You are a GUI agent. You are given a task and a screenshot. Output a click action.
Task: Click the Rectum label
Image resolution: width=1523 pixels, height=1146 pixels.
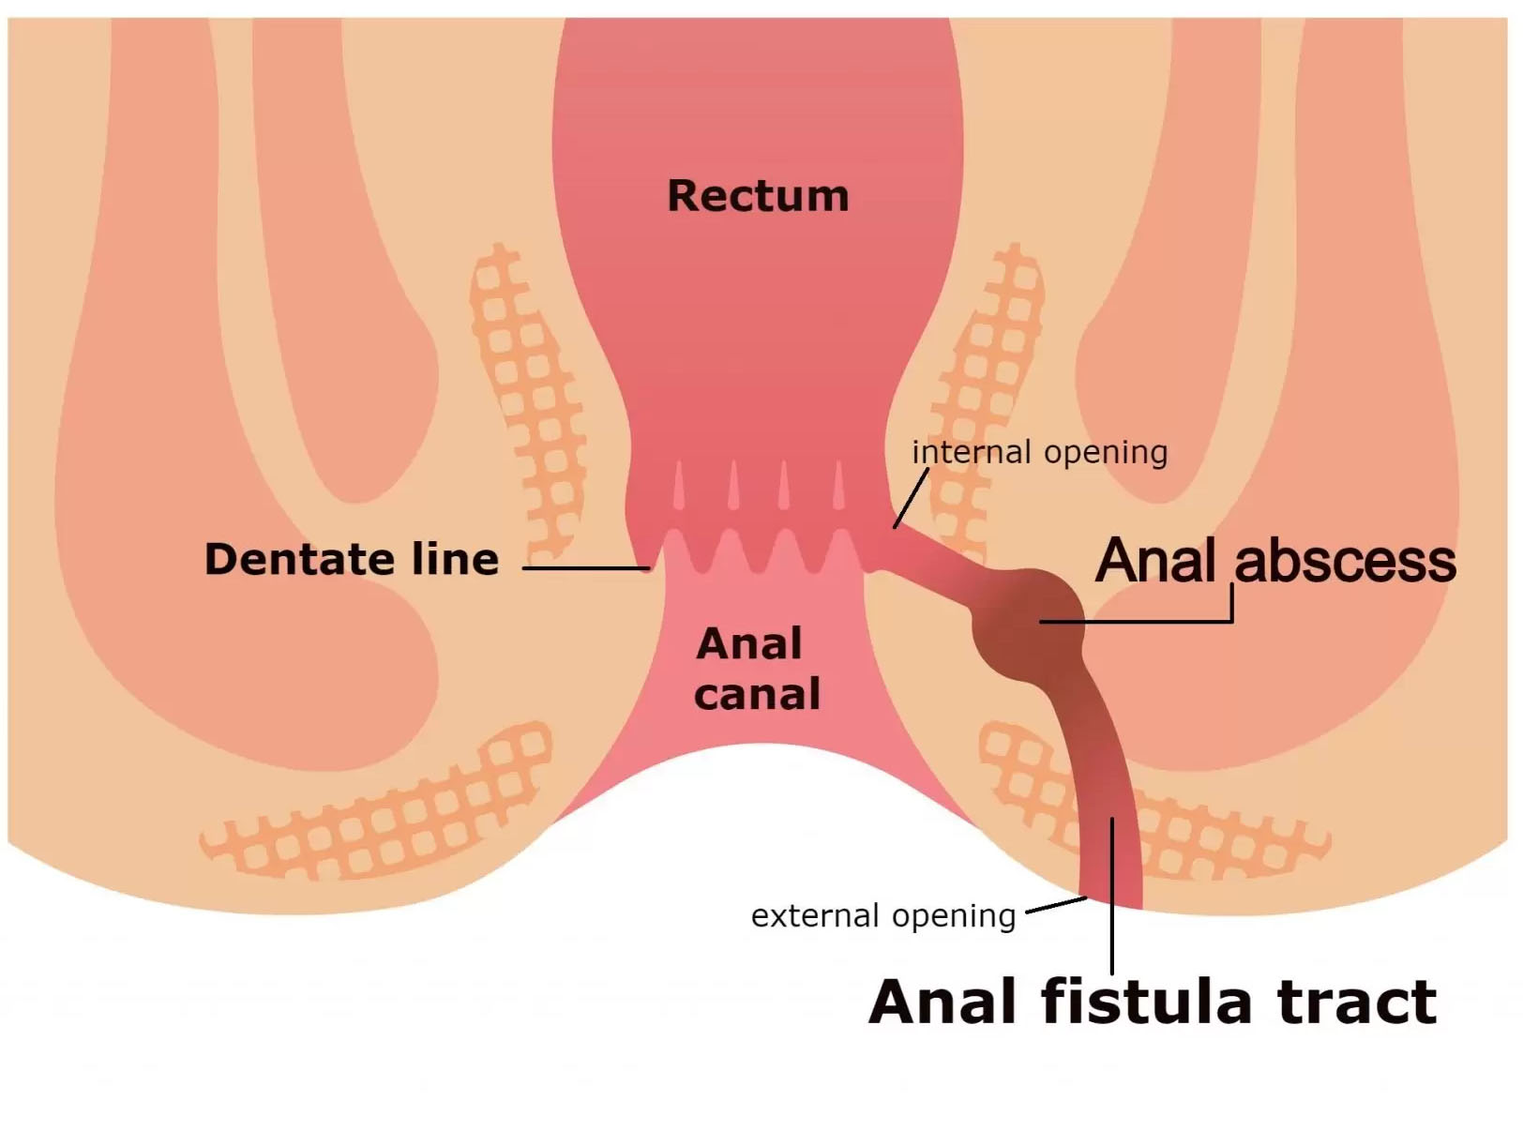(x=758, y=196)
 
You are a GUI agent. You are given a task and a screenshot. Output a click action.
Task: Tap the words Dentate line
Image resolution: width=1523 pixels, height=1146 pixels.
(x=352, y=559)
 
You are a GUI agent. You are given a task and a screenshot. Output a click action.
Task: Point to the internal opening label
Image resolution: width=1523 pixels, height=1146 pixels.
(x=1039, y=452)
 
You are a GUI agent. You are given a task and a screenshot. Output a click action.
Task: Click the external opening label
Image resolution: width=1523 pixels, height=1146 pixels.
(x=883, y=915)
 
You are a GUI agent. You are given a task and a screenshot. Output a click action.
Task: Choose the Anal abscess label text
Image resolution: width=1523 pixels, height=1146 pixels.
(x=1275, y=561)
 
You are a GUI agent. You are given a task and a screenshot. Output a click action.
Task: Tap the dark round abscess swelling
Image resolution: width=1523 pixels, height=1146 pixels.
(x=1028, y=624)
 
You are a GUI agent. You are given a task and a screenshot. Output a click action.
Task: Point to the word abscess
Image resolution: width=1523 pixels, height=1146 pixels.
(x=1345, y=561)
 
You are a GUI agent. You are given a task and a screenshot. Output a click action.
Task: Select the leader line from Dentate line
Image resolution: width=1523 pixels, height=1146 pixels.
(x=585, y=568)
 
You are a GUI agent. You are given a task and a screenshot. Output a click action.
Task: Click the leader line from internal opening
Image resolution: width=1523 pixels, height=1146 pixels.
(x=910, y=499)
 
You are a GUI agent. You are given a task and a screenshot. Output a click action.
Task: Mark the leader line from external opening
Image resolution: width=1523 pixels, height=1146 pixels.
(x=1056, y=905)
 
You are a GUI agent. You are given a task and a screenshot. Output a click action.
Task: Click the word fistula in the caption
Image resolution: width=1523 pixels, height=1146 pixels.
(x=1146, y=1002)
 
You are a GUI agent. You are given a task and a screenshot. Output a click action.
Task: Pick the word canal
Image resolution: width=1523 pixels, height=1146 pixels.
(x=757, y=695)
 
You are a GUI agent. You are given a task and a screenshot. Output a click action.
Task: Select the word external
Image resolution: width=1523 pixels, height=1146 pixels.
(x=815, y=915)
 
